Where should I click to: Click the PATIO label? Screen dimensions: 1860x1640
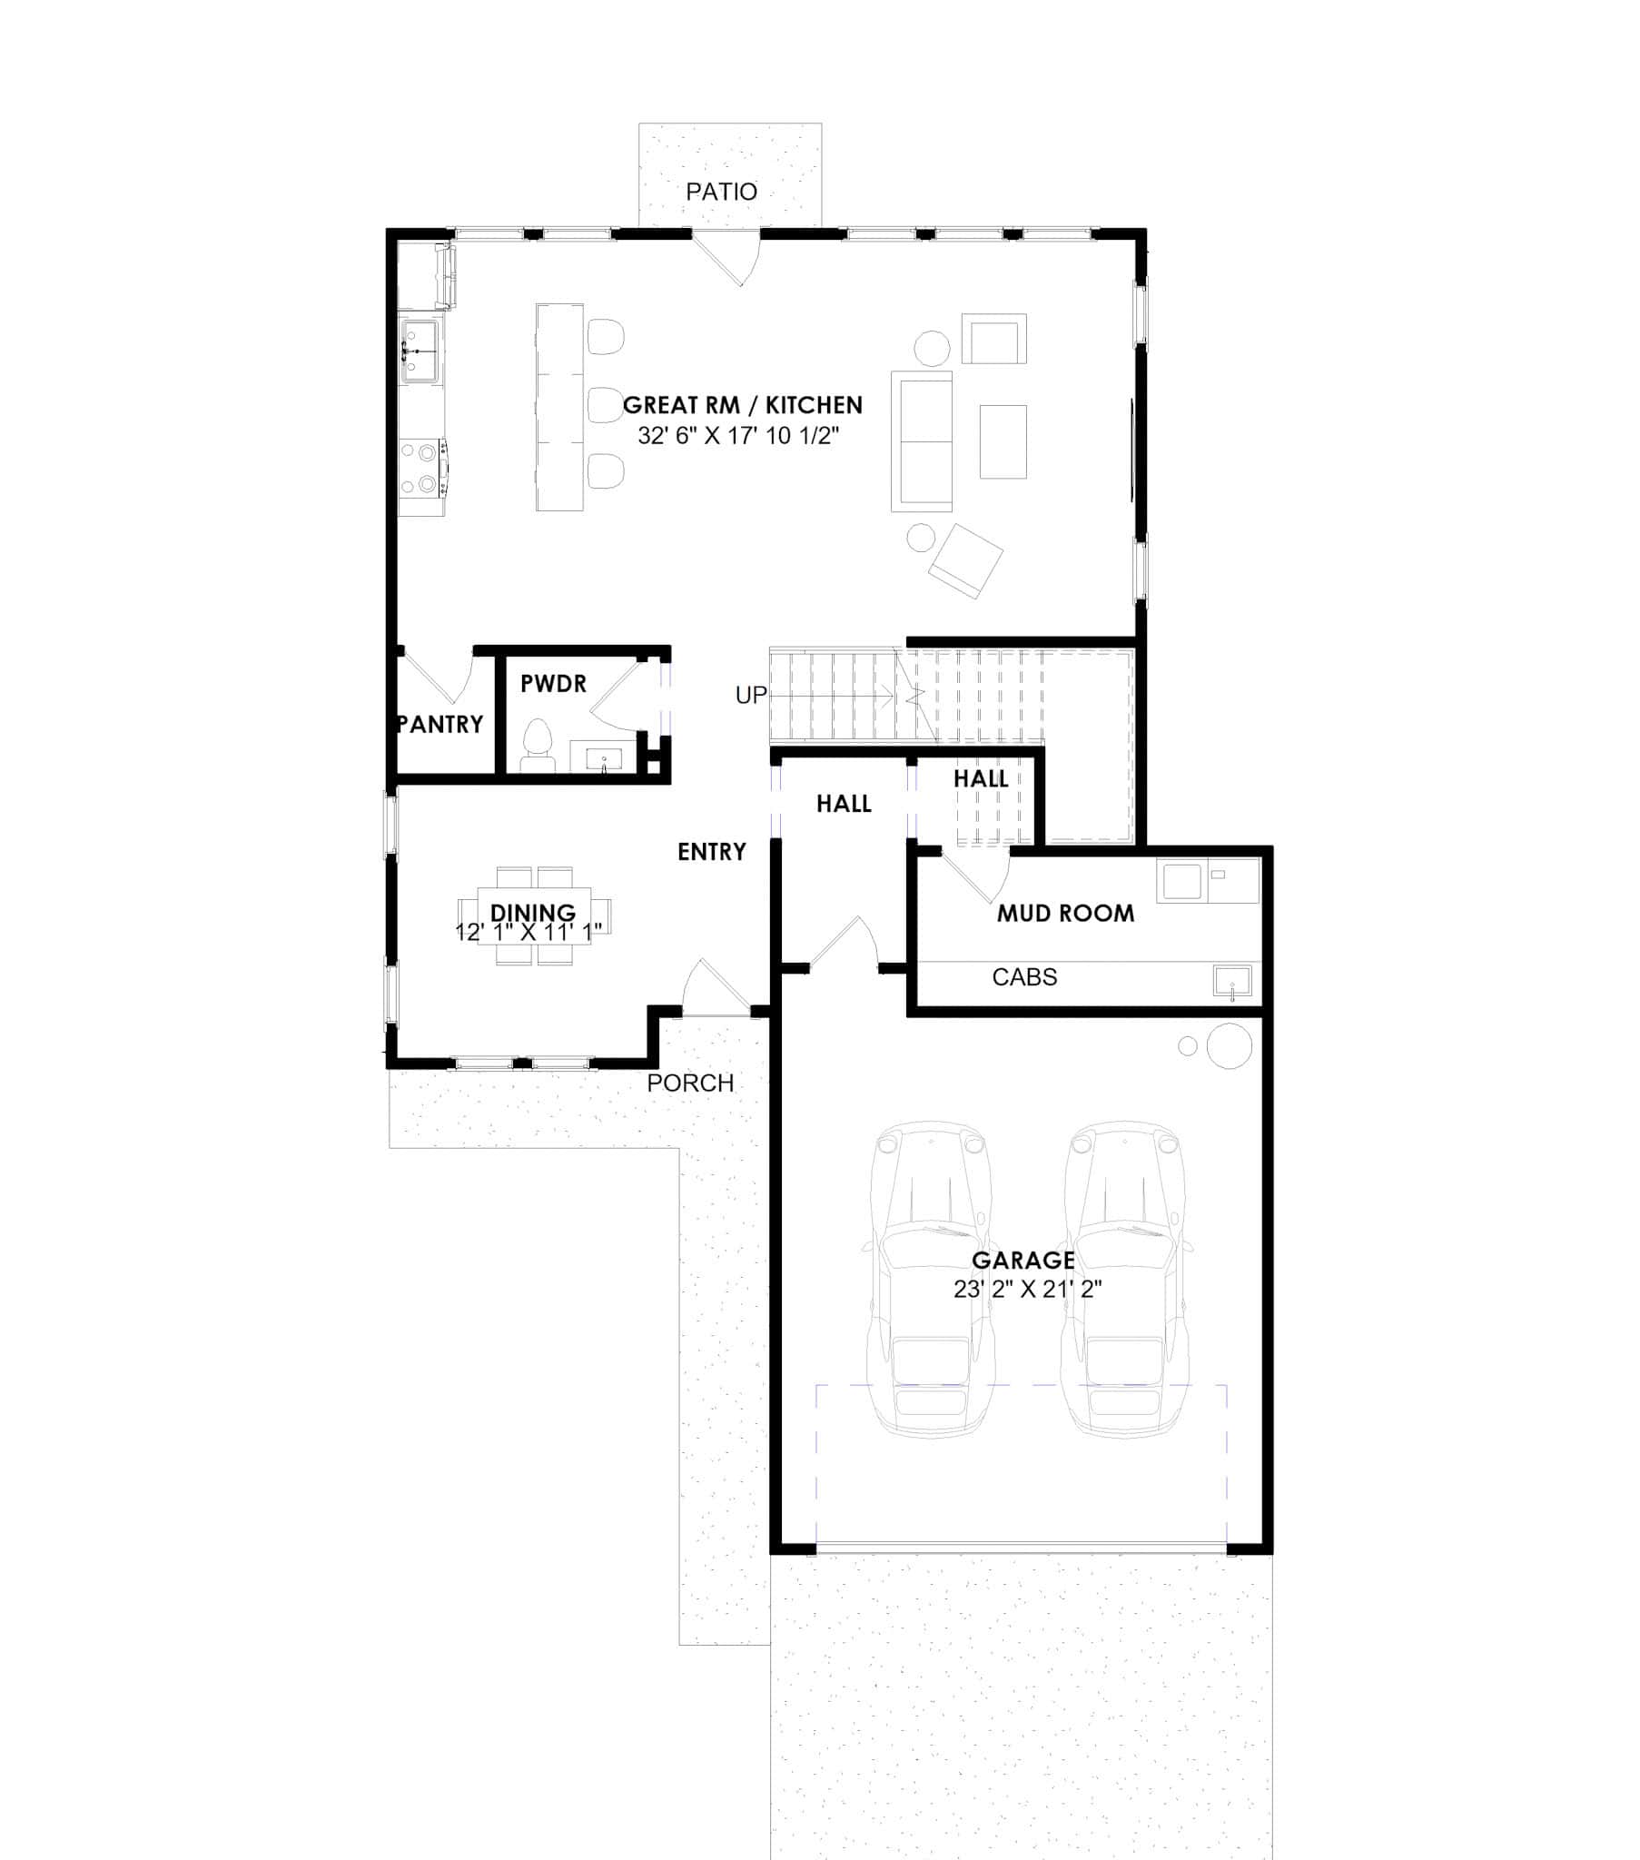point(721,192)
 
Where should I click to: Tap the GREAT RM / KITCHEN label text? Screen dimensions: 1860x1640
point(742,405)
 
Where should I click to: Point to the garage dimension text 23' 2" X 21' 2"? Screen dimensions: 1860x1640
point(1028,1289)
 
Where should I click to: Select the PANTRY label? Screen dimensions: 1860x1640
point(440,725)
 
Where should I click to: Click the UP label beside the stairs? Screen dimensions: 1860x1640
point(751,695)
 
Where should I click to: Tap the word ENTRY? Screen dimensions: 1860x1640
point(712,852)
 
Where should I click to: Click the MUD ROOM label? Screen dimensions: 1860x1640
point(1065,914)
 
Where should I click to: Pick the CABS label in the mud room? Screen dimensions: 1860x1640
point(1023,977)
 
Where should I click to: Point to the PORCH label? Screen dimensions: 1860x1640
point(690,1083)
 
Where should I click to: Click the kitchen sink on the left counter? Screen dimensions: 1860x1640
point(420,351)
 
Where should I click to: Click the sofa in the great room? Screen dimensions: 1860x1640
point(921,441)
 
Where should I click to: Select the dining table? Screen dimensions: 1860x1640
point(534,915)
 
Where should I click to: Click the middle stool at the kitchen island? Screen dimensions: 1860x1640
point(604,405)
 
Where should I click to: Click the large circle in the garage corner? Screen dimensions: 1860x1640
point(1229,1045)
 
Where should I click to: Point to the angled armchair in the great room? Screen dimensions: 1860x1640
point(965,560)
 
